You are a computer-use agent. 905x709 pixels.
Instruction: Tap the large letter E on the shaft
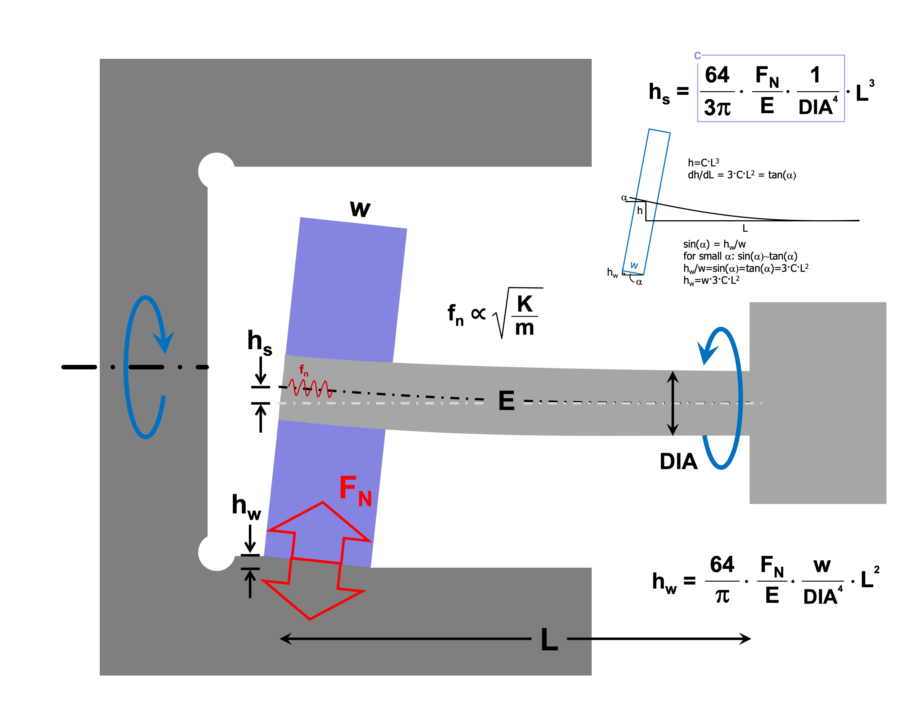pyautogui.click(x=506, y=401)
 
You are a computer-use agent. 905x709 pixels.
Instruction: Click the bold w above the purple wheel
pyautogui.click(x=360, y=209)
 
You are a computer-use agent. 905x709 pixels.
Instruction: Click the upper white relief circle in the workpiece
pyautogui.click(x=216, y=171)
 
